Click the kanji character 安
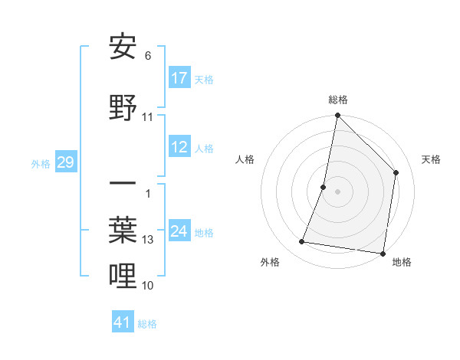[123, 47]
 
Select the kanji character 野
[123, 106]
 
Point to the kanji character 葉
[123, 228]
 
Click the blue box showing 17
[179, 78]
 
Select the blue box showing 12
[179, 147]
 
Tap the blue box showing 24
[179, 231]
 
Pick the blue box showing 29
[65, 162]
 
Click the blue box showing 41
[123, 322]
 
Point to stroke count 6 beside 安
[148, 56]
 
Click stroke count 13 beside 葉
[148, 240]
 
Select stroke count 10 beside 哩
[148, 285]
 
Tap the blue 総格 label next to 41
[147, 324]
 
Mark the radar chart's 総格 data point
[337, 116]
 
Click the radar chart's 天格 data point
[396, 172]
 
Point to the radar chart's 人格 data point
[324, 187]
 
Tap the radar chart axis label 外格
[269, 263]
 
